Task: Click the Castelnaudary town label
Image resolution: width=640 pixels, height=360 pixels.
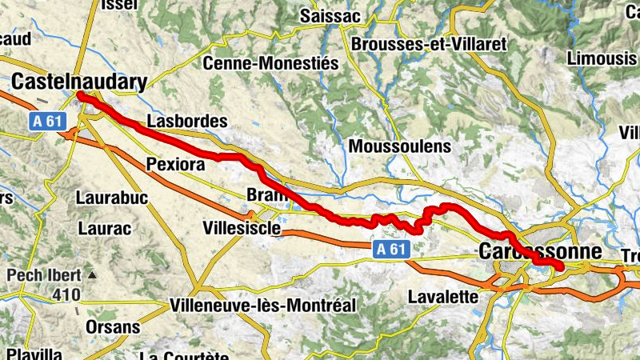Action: point(80,82)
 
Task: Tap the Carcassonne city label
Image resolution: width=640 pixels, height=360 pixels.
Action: point(539,251)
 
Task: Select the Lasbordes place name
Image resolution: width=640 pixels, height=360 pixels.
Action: point(187,122)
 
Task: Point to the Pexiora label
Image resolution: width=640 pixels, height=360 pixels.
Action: point(176,164)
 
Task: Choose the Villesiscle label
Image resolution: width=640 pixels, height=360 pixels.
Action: point(242,229)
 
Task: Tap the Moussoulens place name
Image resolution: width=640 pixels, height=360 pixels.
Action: point(400,147)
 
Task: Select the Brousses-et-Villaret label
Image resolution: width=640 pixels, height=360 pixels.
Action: point(429,44)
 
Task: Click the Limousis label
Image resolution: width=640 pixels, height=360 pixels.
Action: point(599,58)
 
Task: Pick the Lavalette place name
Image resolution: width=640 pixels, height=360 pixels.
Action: point(442,297)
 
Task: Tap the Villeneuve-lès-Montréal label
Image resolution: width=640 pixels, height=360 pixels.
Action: point(262,306)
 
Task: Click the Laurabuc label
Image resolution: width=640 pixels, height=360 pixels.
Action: point(112,197)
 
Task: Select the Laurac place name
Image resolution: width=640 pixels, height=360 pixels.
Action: point(104,228)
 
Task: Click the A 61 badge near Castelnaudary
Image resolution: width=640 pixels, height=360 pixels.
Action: point(48,121)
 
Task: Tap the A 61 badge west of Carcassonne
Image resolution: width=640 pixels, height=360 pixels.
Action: point(392,250)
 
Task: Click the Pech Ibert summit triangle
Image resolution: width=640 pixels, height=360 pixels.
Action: point(92,276)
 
